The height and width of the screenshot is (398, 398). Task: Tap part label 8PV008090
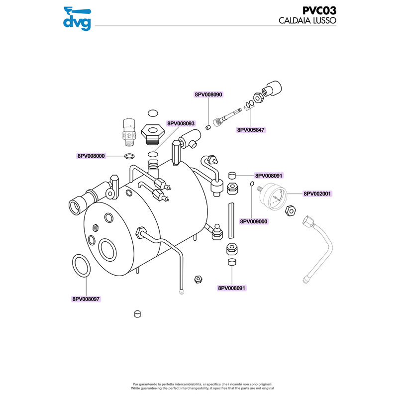pos(208,94)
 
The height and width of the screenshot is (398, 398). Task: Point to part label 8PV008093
pos(181,123)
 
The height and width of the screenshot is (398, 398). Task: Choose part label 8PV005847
pos(251,130)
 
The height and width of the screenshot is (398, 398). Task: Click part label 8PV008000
pos(91,156)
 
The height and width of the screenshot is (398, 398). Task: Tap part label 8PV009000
pos(254,221)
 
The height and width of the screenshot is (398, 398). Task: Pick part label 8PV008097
pos(86,299)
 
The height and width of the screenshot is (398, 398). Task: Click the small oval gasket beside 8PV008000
pos(129,156)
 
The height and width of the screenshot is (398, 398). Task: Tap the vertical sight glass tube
pos(231,220)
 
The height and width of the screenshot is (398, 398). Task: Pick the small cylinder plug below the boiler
pos(138,313)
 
